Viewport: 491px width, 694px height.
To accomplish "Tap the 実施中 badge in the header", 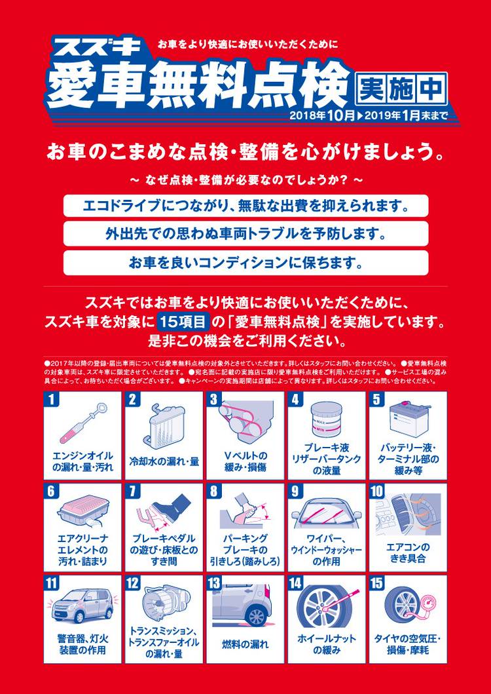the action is [401, 89].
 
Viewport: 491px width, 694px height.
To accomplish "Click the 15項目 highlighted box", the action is [183, 322].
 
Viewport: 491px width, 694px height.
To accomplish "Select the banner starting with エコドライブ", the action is [245, 206].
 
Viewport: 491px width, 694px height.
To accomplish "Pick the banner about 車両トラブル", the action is [245, 233].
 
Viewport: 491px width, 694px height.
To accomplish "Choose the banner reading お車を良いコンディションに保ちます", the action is [245, 263].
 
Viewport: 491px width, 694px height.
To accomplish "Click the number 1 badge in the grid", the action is [51, 399].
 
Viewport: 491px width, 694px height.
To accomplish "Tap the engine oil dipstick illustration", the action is [82, 422].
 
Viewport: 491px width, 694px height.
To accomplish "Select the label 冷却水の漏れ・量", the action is [164, 461].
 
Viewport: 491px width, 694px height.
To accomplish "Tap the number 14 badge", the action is [295, 583].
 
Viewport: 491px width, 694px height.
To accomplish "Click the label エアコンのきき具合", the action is [408, 553].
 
